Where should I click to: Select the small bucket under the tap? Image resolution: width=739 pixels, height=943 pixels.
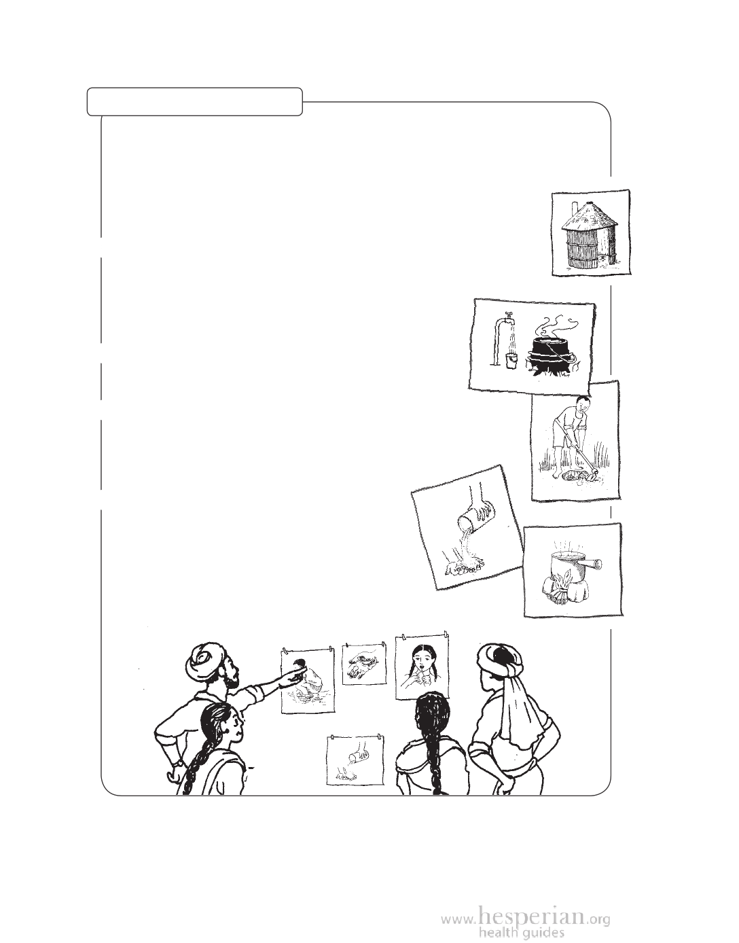(511, 360)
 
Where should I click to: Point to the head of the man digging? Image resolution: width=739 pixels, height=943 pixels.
(581, 406)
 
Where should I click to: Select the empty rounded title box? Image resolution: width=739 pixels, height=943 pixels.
(195, 102)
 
